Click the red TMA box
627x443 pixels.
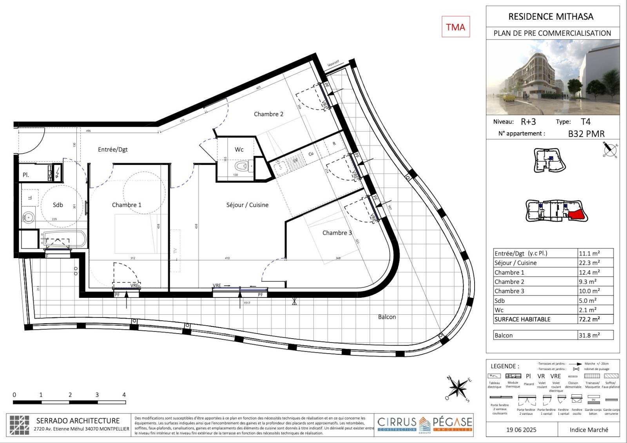[x=455, y=27]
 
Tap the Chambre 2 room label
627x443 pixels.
[x=268, y=114]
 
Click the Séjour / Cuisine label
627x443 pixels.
[x=247, y=205]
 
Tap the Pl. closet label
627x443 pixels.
[x=26, y=175]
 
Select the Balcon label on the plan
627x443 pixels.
[x=387, y=317]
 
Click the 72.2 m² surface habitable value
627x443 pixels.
[x=589, y=319]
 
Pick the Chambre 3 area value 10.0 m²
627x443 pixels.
[x=589, y=291]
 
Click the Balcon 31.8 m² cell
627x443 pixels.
[x=589, y=335]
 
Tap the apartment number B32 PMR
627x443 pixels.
[x=586, y=134]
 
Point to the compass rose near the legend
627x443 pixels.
[x=457, y=388]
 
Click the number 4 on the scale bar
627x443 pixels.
[x=124, y=395]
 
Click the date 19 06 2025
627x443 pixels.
[x=521, y=430]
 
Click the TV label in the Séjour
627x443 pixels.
[x=175, y=251]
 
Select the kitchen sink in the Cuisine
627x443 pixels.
[x=280, y=168]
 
